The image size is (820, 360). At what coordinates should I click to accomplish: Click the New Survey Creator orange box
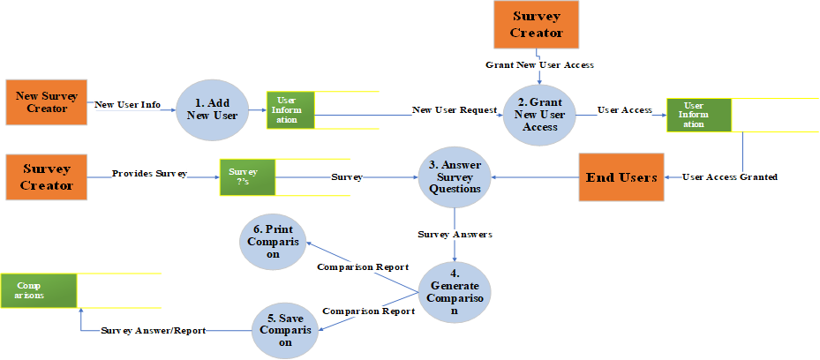coord(46,102)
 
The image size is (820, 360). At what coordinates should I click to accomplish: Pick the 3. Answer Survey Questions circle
coord(455,177)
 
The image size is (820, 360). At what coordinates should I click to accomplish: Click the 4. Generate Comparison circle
coord(455,292)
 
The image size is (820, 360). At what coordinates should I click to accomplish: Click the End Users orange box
coord(621,177)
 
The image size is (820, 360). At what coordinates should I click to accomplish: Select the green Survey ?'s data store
coord(248,177)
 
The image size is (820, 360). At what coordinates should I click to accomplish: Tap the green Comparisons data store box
coord(39,291)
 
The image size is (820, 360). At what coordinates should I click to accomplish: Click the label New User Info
coord(128,105)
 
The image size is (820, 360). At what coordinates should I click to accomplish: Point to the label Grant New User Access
coord(539,65)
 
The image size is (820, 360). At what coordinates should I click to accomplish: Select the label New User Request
coord(455,109)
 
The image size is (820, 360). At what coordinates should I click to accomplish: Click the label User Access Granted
coord(730,177)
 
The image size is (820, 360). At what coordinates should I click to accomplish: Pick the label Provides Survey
coord(149,174)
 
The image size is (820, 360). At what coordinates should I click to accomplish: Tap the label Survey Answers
coord(455,235)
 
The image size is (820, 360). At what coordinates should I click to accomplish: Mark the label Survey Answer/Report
coord(154,331)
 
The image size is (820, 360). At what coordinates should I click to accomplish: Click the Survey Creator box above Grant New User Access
coord(537,25)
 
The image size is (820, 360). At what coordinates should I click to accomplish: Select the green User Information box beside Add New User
coord(290,110)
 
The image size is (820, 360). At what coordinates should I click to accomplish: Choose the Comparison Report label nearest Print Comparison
coord(363,267)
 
